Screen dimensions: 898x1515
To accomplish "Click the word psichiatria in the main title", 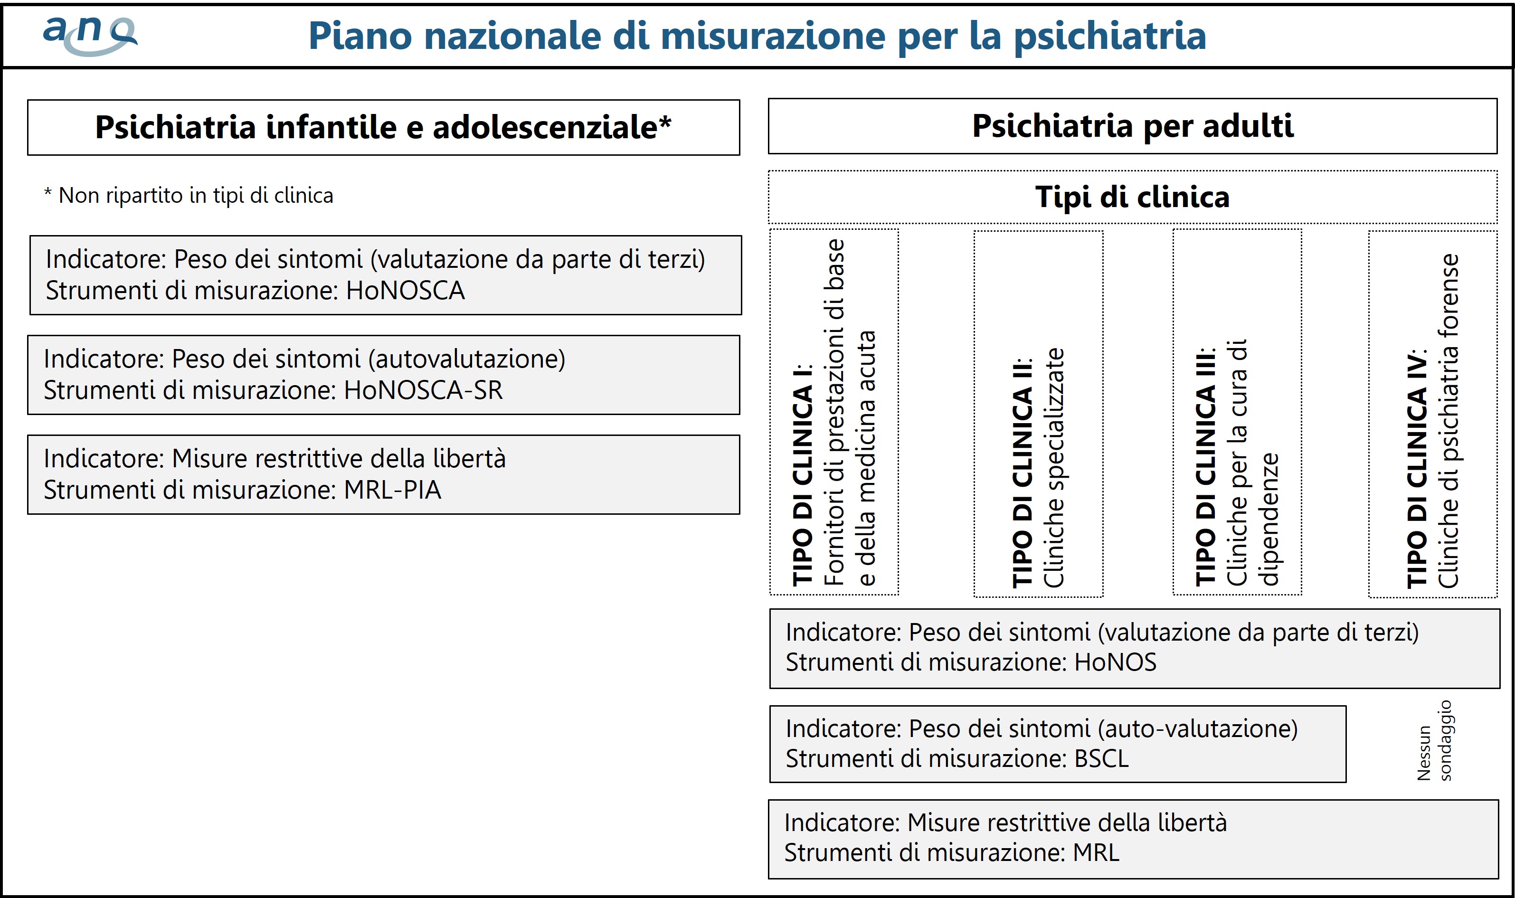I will coord(1110,36).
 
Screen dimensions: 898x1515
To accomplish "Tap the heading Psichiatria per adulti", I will coord(1133,126).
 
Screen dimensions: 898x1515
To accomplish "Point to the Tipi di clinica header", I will coord(1132,197).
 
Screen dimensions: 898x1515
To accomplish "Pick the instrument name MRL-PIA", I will coord(392,490).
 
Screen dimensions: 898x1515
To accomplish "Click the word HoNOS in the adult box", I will coord(1115,662).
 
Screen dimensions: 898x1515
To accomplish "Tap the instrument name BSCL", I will coord(1101,759).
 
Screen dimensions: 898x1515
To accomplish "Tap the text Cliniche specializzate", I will coord(1053,467).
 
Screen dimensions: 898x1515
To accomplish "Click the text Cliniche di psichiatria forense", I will coord(1449,421).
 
